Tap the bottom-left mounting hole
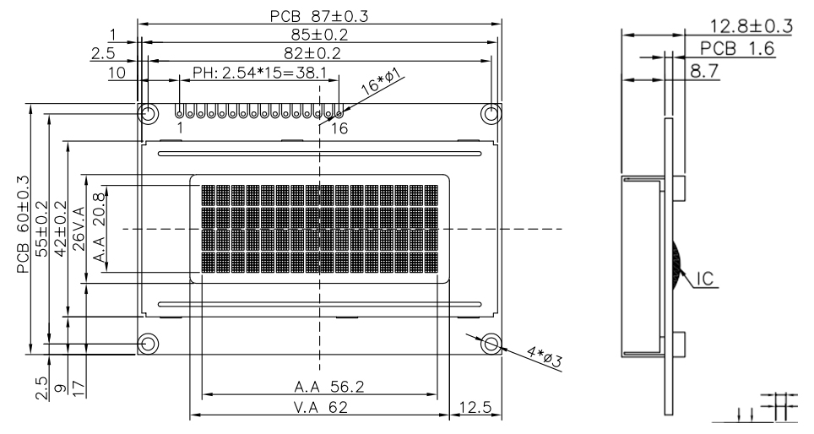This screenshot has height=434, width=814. tap(147, 344)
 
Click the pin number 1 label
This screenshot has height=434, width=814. tap(181, 128)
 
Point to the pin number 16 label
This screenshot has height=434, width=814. tap(339, 128)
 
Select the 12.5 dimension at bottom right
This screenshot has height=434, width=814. tap(475, 409)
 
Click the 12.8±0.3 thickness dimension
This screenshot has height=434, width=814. tap(751, 26)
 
